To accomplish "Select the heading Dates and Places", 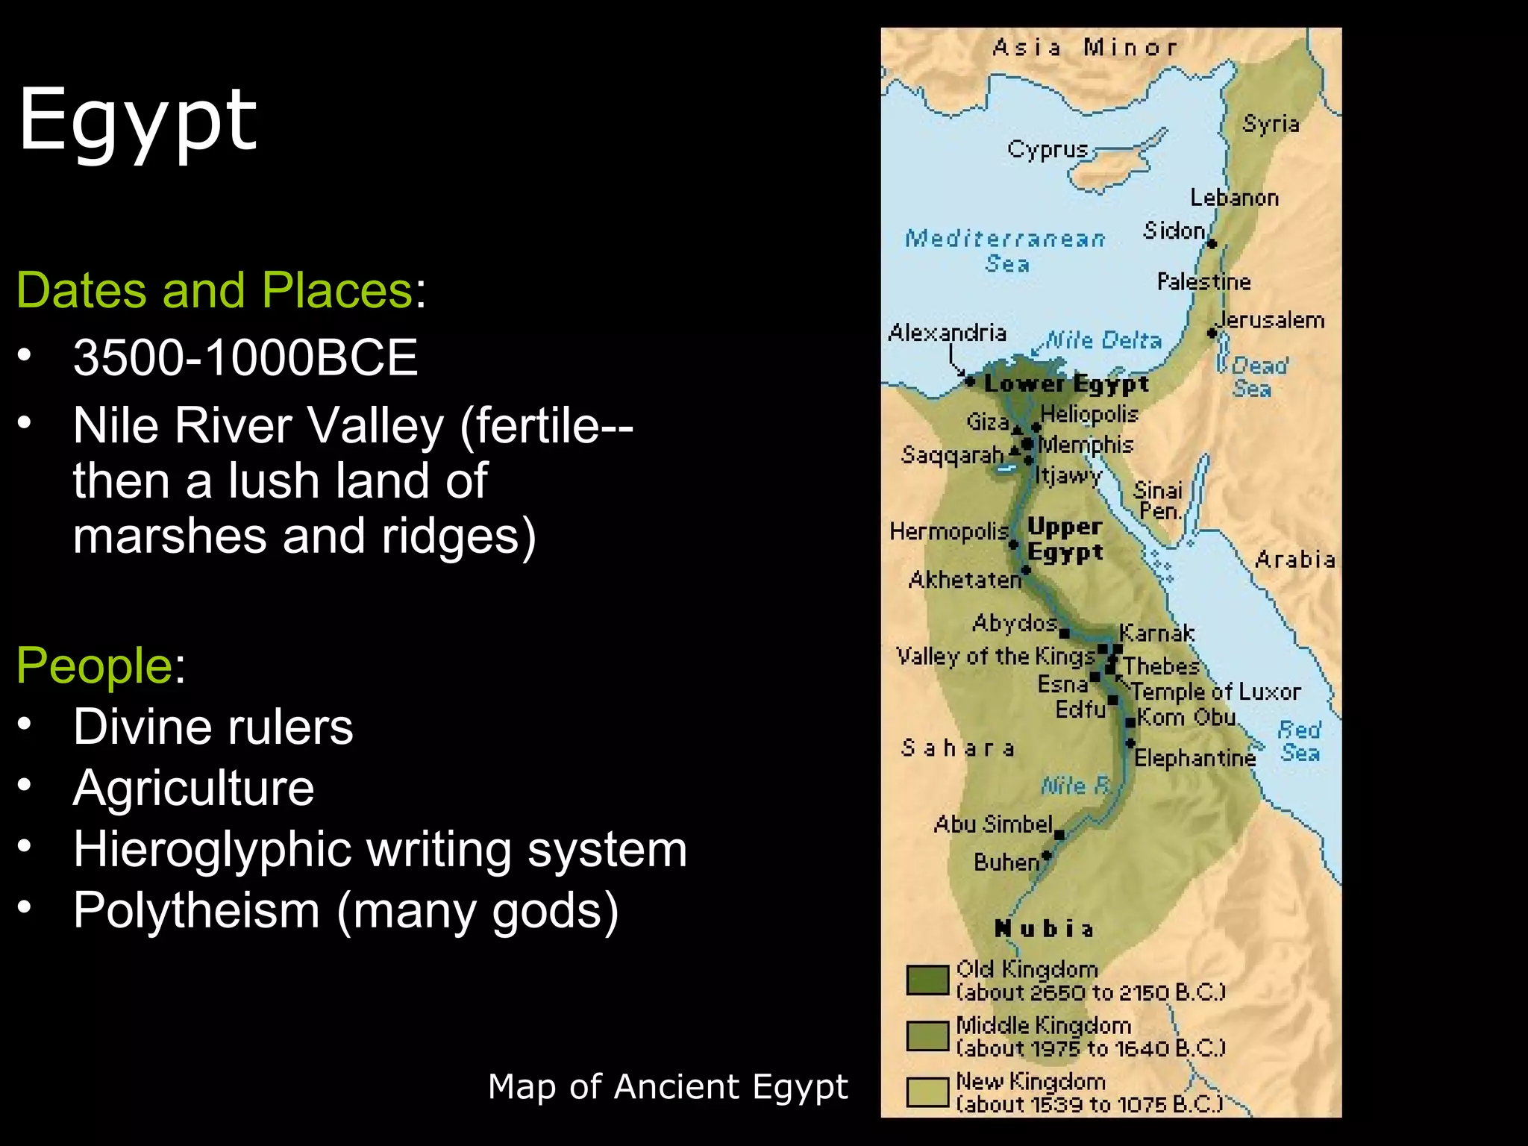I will pos(214,290).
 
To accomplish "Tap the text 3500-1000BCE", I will pos(245,357).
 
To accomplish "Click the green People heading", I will pos(95,665).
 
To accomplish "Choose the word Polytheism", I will pos(196,910).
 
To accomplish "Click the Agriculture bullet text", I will pos(194,788).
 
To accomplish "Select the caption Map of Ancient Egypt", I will pos(668,1086).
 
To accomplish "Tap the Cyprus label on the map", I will pos(1048,150).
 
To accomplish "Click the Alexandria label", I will pos(947,333).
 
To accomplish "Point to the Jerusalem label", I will pos(1271,320).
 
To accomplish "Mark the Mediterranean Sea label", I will pos(1005,250).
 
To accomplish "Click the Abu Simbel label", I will pos(993,824).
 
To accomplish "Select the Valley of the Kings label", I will pos(995,657).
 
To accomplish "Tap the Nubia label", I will pos(1044,929).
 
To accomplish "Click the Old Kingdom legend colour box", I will pos(927,980).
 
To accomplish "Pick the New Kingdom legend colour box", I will pos(927,1092).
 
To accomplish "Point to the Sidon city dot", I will pos(1212,244).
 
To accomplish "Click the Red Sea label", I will pos(1300,741).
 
